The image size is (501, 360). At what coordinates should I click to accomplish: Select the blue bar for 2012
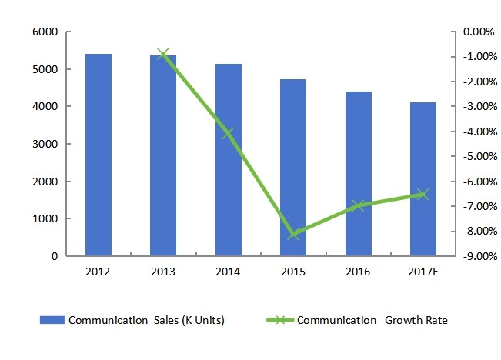99,155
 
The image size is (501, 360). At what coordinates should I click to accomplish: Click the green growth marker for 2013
163,54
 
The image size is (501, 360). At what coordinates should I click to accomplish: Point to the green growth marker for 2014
229,134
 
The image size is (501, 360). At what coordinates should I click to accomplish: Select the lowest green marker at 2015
293,234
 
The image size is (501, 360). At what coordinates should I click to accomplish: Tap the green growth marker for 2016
358,205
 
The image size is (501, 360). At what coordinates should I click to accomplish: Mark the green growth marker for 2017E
423,195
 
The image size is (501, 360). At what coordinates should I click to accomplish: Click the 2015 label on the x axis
293,272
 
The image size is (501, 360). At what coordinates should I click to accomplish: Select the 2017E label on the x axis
423,272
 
